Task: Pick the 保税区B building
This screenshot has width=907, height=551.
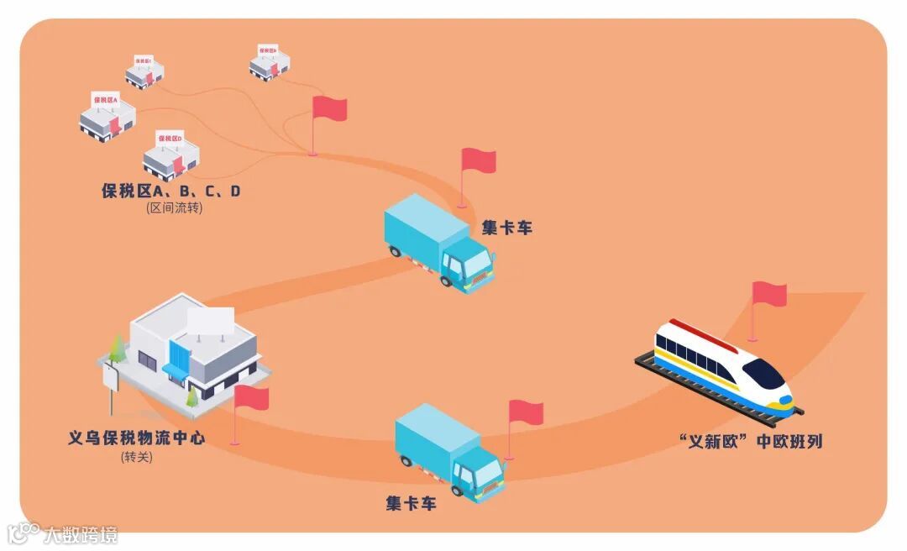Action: click(270, 63)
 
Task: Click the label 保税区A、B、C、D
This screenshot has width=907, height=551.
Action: click(170, 191)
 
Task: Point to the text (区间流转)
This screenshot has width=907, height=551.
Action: click(174, 208)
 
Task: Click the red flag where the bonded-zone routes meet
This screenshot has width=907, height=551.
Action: click(328, 109)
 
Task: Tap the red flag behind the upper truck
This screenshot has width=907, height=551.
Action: click(477, 161)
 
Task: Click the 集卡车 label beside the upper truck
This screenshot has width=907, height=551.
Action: click(506, 228)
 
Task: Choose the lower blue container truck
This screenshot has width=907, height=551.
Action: click(449, 452)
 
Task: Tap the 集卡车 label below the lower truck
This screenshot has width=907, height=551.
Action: click(412, 504)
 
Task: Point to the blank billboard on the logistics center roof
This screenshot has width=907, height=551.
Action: click(210, 321)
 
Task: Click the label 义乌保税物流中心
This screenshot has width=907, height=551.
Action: click(136, 438)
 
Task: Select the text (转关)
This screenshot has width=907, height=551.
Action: click(137, 457)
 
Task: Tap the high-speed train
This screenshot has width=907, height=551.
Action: click(724, 366)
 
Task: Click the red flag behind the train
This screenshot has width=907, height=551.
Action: click(768, 295)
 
